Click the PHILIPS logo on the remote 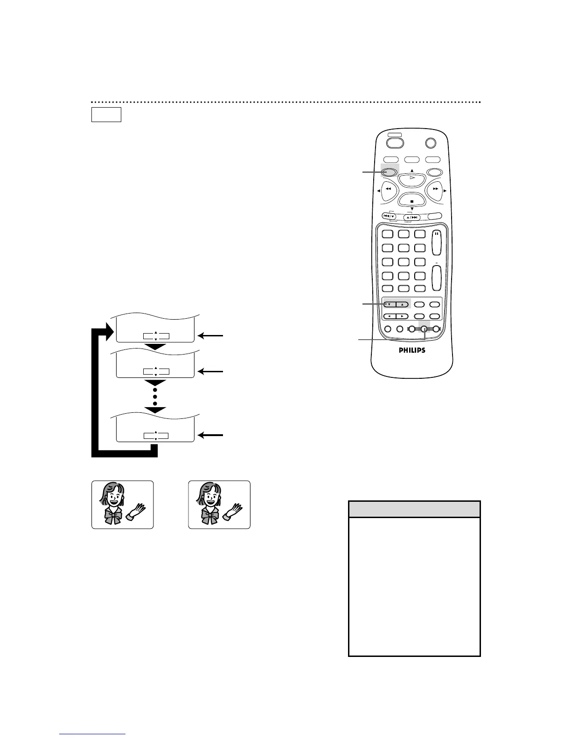[411, 350]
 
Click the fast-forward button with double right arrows [435, 189]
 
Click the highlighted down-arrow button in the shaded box [389, 304]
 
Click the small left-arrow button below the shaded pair [389, 316]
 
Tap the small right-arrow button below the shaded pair [402, 316]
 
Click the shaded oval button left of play [390, 172]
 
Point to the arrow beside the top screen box [210, 335]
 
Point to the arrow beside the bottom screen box [210, 435]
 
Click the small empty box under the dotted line [106, 115]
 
